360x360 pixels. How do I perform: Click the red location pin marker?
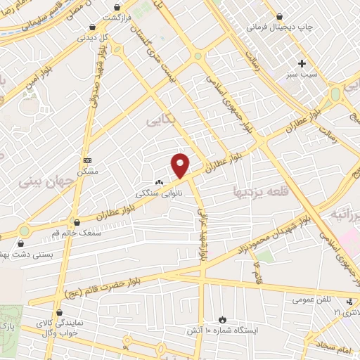point(181,166)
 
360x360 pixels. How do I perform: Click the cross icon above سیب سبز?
point(302,63)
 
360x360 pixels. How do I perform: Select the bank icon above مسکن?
point(87,161)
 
